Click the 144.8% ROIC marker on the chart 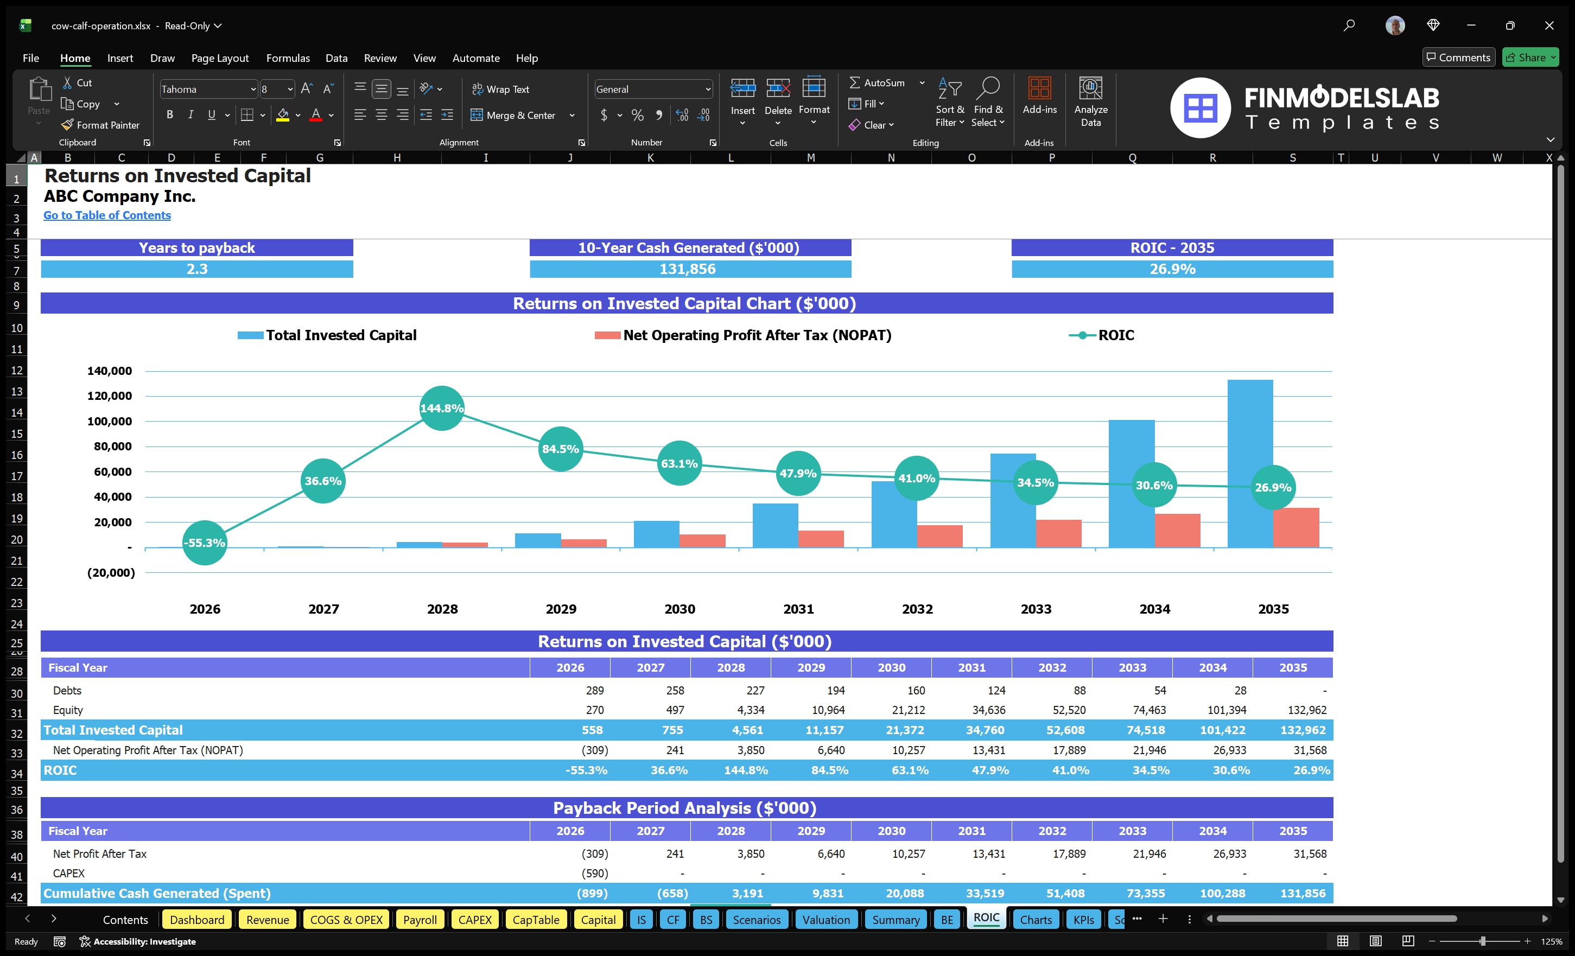[x=441, y=407]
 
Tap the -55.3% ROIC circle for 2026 [x=205, y=543]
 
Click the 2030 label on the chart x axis [x=679, y=609]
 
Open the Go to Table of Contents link [x=107, y=215]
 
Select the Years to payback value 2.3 [x=197, y=269]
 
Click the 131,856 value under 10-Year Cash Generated [x=687, y=269]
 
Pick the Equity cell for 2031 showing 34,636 [x=988, y=710]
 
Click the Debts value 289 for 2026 [x=594, y=690]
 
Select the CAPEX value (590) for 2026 [x=594, y=873]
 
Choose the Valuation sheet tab [x=826, y=920]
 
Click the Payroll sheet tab [x=420, y=920]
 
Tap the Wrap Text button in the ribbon [x=500, y=90]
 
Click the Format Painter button [x=100, y=125]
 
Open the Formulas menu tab [x=288, y=58]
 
